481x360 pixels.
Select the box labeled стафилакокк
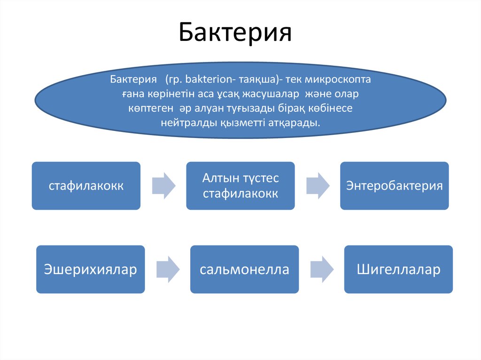tap(86, 186)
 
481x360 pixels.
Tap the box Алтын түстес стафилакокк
tap(240, 186)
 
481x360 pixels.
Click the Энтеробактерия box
tap(395, 186)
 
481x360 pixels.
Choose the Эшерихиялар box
tap(90, 270)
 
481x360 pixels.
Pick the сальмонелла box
tap(244, 270)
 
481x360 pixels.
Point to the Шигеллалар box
tap(398, 270)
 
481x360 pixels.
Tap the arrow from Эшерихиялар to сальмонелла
tap(167, 269)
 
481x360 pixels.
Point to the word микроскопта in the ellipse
tap(344, 79)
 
